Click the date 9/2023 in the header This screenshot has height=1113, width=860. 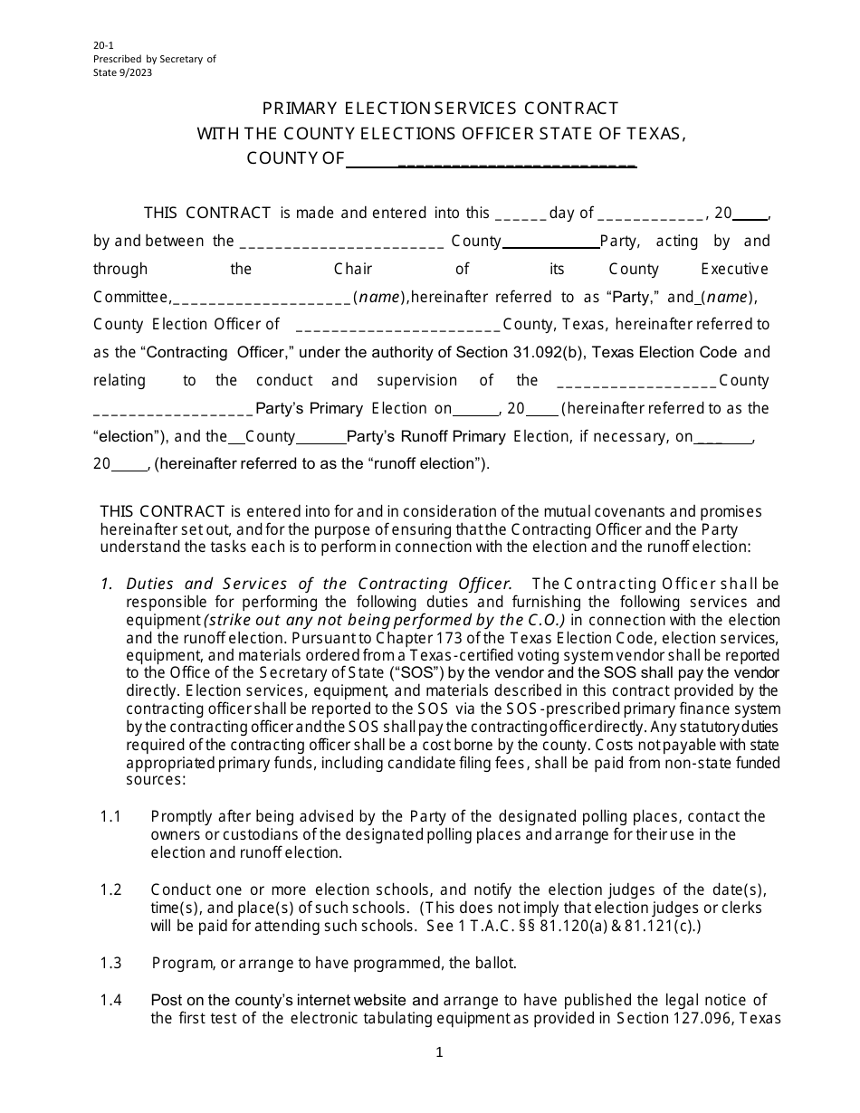(x=136, y=73)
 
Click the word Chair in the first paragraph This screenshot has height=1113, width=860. (x=353, y=269)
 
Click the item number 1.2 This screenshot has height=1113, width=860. (x=110, y=889)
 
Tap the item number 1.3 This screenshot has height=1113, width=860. (x=110, y=963)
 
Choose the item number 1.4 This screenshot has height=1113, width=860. (x=110, y=1000)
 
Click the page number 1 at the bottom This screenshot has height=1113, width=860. (x=439, y=1052)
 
